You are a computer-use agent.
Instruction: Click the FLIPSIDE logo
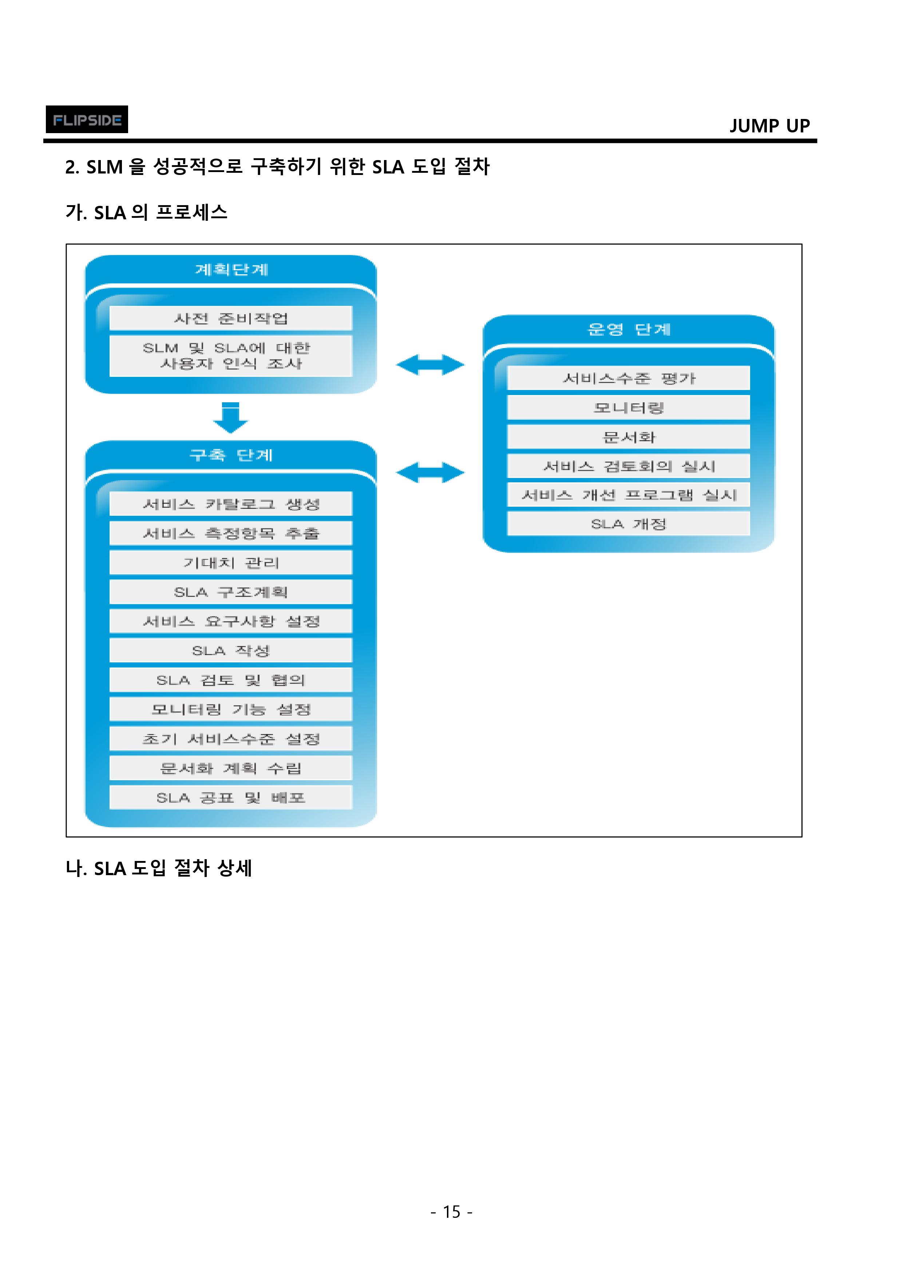point(87,119)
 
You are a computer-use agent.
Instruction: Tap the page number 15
point(451,1212)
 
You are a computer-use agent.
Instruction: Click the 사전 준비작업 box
point(231,318)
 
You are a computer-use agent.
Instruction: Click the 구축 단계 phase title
point(231,455)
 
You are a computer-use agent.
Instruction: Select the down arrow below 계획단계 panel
point(230,417)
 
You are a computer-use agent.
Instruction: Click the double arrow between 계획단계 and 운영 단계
point(430,365)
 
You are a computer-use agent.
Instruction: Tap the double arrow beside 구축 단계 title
point(430,472)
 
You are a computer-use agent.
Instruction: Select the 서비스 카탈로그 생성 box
point(231,504)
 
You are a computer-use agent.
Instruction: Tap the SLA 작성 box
point(231,650)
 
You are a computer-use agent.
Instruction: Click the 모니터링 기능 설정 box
point(231,709)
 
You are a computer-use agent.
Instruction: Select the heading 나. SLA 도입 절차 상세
point(159,868)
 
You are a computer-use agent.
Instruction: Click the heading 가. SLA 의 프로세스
point(146,212)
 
